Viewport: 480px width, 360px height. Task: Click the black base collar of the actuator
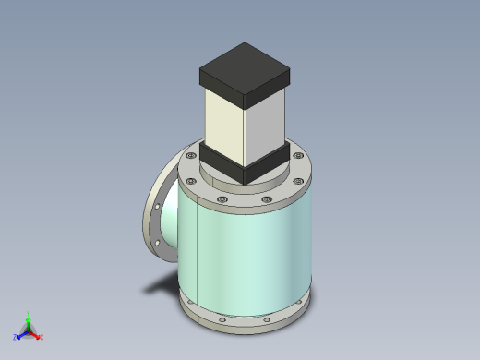(246, 164)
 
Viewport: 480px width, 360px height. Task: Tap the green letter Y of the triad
(29, 313)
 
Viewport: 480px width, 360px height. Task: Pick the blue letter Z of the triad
(16, 338)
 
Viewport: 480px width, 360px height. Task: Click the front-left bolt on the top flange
(222, 198)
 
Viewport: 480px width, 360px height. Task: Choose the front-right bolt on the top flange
(267, 198)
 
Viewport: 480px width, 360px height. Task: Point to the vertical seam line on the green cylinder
(197, 254)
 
